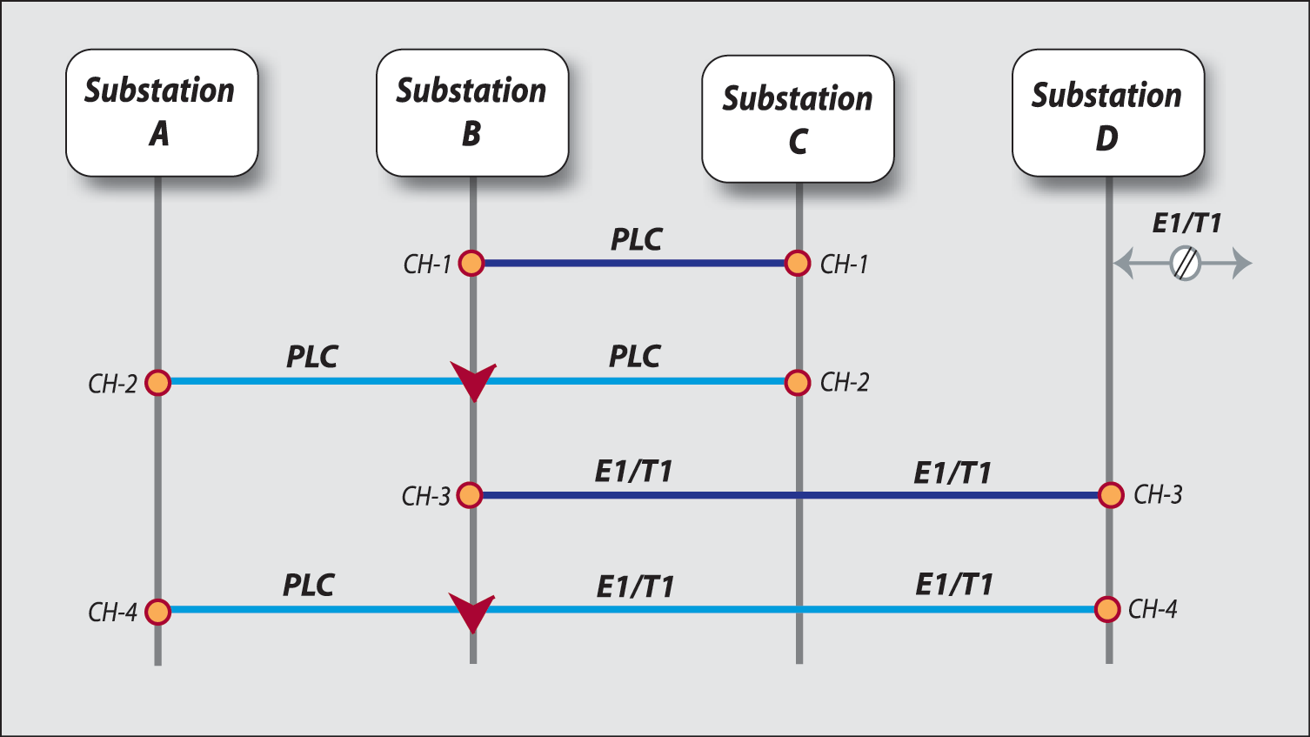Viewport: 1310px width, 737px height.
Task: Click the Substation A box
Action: [x=161, y=112]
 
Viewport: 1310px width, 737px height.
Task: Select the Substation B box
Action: [x=471, y=112]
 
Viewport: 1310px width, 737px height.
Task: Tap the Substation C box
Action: [x=798, y=119]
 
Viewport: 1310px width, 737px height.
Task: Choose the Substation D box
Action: [x=1107, y=113]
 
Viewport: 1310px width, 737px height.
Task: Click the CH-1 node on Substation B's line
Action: [x=471, y=263]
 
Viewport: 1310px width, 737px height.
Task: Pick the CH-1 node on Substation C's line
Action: [x=798, y=263]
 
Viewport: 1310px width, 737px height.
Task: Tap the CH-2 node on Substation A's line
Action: [x=157, y=382]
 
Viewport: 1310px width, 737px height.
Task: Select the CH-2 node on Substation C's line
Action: [x=798, y=382]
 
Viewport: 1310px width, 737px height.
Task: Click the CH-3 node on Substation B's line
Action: [x=470, y=495]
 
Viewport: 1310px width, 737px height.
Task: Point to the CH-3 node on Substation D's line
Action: [x=1111, y=495]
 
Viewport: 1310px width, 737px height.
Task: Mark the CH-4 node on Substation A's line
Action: [x=157, y=612]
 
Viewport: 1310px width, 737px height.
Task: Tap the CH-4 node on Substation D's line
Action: [x=1107, y=609]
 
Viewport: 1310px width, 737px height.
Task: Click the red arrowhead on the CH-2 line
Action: [x=473, y=380]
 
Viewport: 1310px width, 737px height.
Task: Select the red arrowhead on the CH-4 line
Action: [x=472, y=611]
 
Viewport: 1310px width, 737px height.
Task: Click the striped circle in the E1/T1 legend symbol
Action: [x=1185, y=263]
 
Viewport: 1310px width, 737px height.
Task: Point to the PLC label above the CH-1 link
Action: [x=636, y=239]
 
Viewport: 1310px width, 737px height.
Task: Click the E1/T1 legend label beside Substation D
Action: [x=1186, y=224]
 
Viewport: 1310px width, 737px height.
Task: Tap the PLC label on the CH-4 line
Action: [x=308, y=585]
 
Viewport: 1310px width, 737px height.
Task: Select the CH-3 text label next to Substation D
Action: [x=1158, y=495]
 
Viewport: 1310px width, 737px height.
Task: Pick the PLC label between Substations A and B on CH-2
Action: [x=311, y=357]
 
